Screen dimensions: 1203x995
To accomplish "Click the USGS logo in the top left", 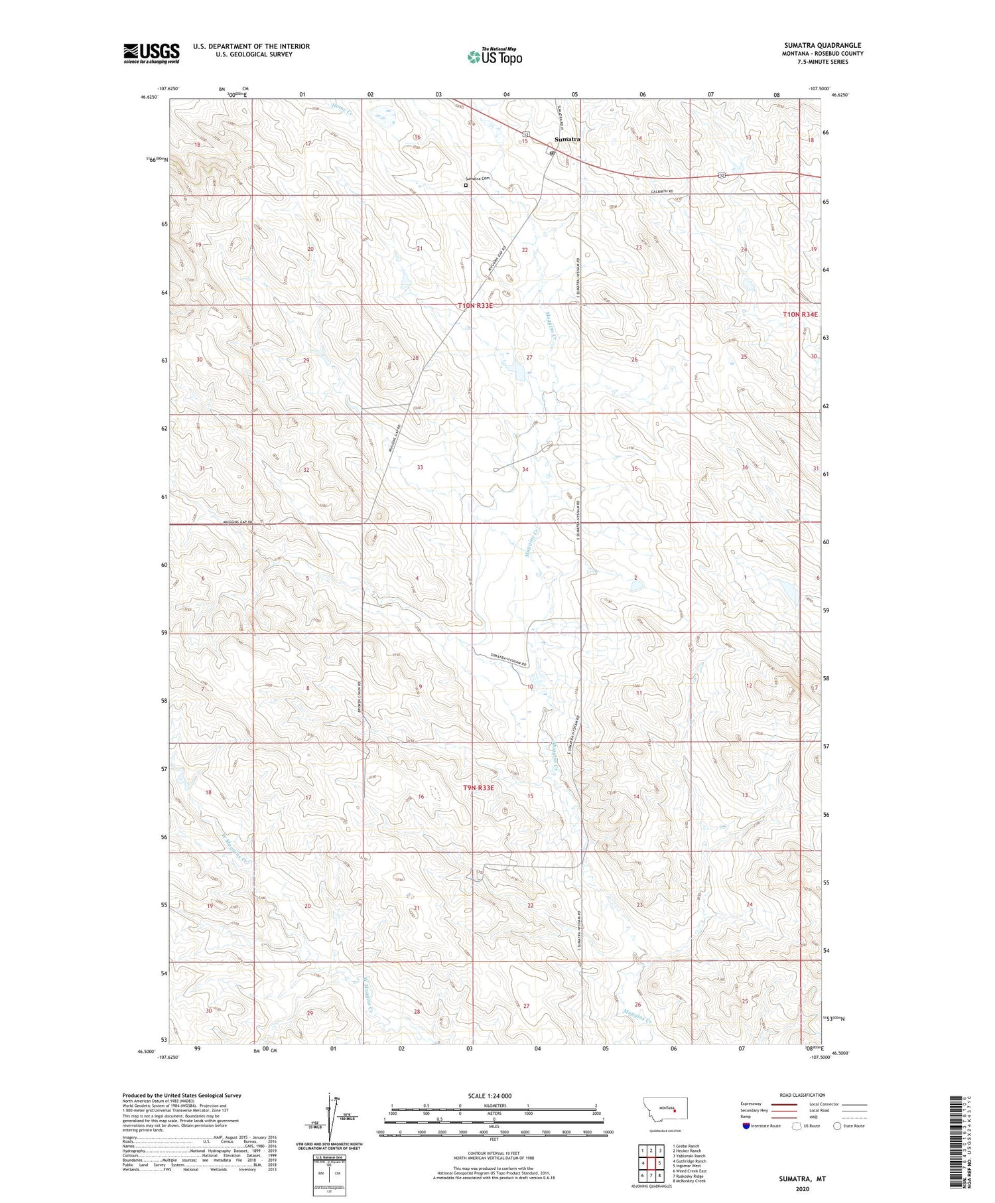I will click(151, 53).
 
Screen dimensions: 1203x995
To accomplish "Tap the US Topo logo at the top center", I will click(494, 56).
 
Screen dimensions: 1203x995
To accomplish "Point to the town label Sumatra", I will click(567, 139).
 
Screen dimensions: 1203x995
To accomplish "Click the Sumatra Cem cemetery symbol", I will click(466, 186).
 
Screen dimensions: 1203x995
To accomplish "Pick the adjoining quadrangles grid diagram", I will click(651, 1159).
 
